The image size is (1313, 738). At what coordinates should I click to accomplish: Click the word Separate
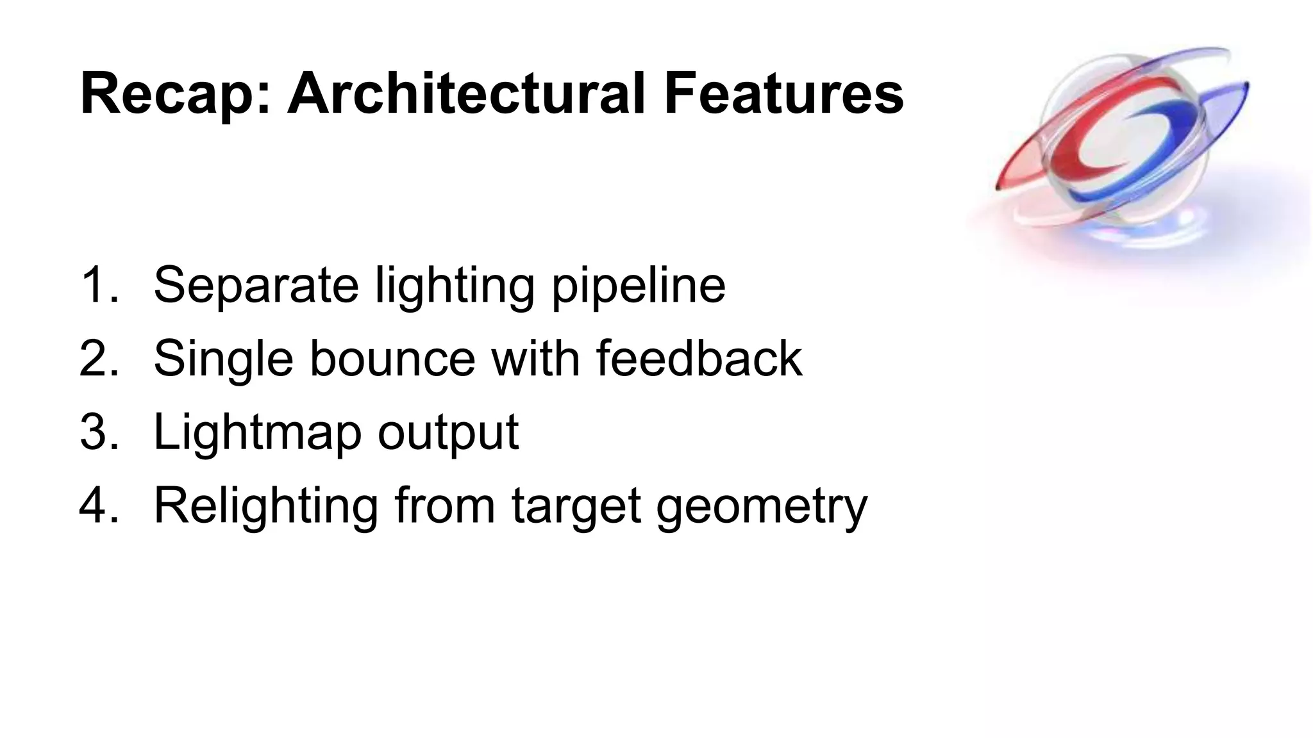click(256, 284)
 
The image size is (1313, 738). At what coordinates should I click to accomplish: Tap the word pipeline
click(638, 286)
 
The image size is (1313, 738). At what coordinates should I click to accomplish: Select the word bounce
click(392, 358)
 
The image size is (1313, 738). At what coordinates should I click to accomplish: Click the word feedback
click(699, 358)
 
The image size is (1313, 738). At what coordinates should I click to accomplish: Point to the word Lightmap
click(257, 433)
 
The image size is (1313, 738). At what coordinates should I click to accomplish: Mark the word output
click(447, 433)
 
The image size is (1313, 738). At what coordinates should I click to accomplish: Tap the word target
click(576, 507)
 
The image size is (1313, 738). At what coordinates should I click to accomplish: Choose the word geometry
click(761, 507)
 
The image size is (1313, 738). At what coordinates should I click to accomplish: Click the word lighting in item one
click(454, 286)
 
